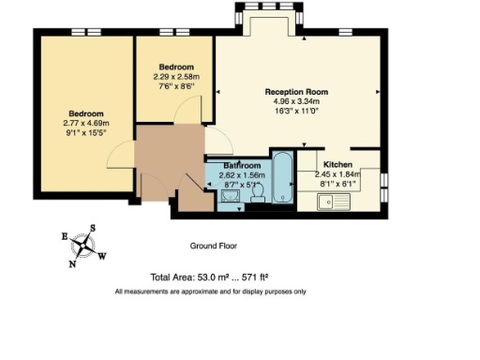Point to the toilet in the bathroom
[x=260, y=190]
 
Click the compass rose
[x=84, y=247]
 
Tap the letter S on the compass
[x=93, y=229]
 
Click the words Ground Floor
[x=214, y=247]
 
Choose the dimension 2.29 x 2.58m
[x=176, y=77]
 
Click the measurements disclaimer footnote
[x=210, y=292]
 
